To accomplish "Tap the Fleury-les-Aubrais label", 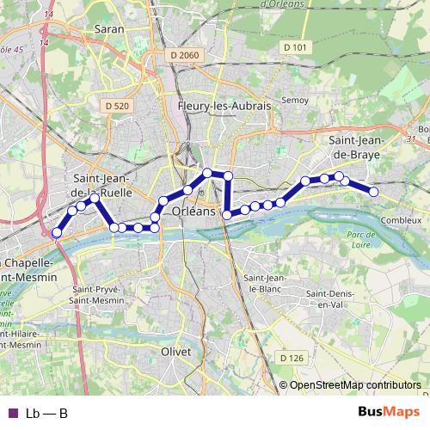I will pos(224,106).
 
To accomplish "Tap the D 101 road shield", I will pos(294,46).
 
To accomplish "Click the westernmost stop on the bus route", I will pos(57,233).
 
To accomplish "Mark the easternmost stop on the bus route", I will pos(374,191).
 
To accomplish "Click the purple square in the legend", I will pos(12,414).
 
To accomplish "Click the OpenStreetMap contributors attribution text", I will pos(355,385).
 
